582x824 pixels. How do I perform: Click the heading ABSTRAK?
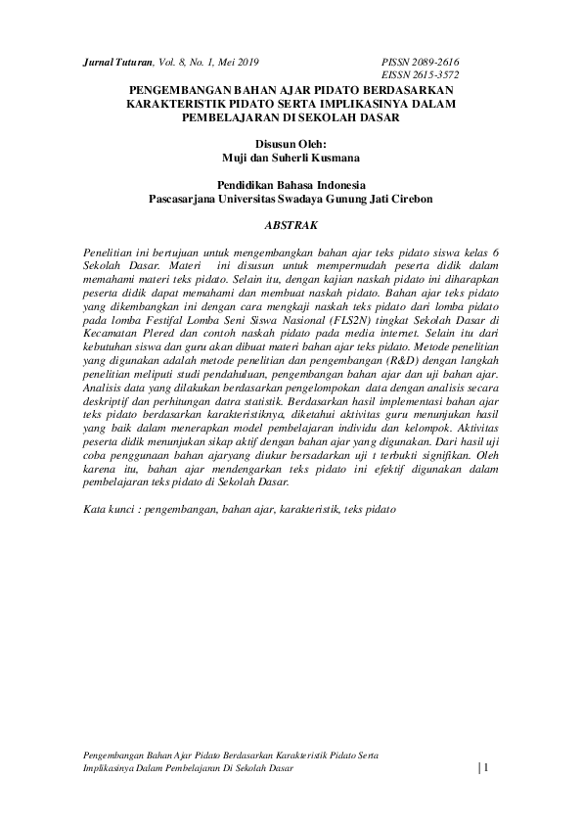pyautogui.click(x=291, y=224)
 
